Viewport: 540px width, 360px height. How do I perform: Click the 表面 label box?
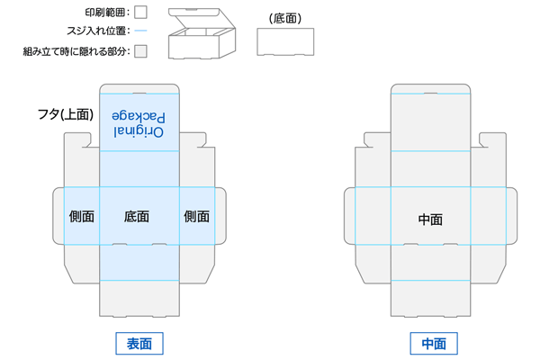click(x=139, y=343)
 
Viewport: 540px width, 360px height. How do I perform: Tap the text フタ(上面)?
click(x=65, y=114)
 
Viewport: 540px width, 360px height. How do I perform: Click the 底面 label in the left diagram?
click(x=137, y=216)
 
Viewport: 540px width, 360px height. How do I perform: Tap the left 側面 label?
click(x=82, y=216)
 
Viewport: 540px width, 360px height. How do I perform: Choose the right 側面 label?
click(x=196, y=216)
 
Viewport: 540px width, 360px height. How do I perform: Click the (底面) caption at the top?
click(x=284, y=18)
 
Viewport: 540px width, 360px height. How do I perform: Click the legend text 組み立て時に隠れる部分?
click(x=76, y=51)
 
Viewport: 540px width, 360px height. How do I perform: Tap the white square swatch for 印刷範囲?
click(x=140, y=13)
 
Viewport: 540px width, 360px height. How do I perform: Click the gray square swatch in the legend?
click(x=140, y=51)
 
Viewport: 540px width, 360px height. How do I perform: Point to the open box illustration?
click(x=202, y=34)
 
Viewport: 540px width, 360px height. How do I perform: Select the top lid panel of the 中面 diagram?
click(x=431, y=119)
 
